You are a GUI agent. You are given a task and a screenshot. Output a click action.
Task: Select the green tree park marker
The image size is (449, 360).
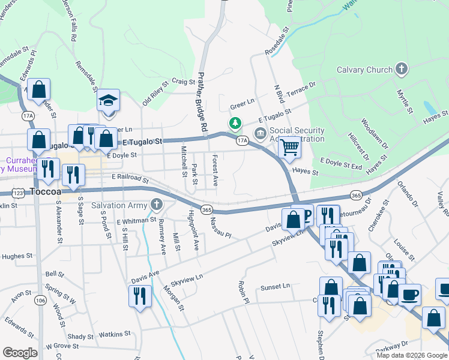coord(236,124)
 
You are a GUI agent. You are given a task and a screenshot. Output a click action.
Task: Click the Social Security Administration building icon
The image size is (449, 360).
coord(260,133)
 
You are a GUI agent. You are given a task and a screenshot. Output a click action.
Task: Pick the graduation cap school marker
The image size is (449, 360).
coord(109,100)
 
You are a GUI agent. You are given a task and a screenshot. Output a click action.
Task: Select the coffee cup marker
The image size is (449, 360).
coord(409,294)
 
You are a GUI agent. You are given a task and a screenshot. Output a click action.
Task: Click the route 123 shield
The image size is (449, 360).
coord(17,193)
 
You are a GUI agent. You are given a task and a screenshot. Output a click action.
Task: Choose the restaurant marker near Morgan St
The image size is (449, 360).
coord(140,296)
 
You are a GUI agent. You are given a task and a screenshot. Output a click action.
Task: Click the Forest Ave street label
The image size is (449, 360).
coord(214,170)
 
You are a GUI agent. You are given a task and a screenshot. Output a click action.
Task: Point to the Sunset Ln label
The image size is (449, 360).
coord(275,287)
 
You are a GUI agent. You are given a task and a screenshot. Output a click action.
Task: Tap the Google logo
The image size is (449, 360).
coord(20,352)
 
